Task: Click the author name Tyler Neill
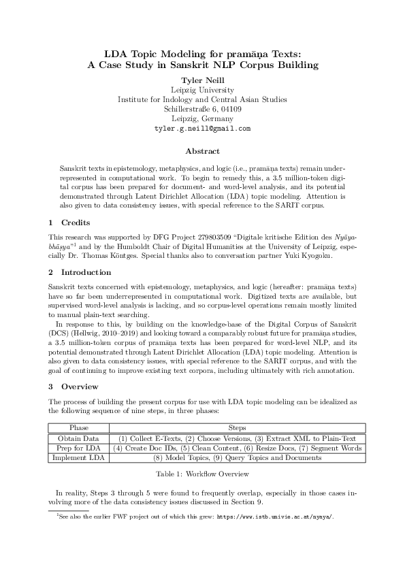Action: tap(202, 80)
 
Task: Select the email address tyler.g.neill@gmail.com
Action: tap(202, 128)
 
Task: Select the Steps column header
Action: tap(237, 428)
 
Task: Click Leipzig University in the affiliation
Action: tap(202, 90)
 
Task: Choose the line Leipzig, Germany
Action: tap(202, 118)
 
